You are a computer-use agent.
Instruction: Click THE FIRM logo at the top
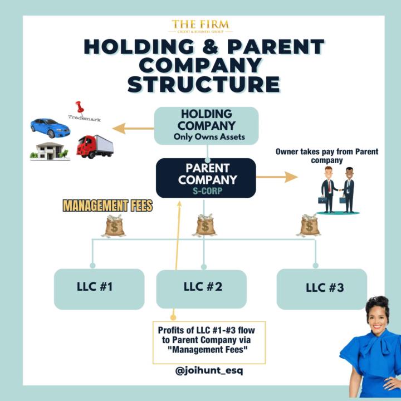pos(200,26)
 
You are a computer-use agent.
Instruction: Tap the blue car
pos(50,128)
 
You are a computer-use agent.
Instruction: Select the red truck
pos(95,146)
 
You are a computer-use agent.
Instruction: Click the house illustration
pos(50,150)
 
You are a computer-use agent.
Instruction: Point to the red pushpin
pos(79,106)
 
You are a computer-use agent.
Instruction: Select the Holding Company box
pos(206,125)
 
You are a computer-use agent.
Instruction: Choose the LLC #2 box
pos(202,288)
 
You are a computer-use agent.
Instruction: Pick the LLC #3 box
pos(321,288)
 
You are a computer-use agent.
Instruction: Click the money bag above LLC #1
pos(115,226)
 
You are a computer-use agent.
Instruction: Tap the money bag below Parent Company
pos(206,225)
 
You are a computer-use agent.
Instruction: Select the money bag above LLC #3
pos(309,225)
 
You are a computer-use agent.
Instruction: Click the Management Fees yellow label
pos(107,206)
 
